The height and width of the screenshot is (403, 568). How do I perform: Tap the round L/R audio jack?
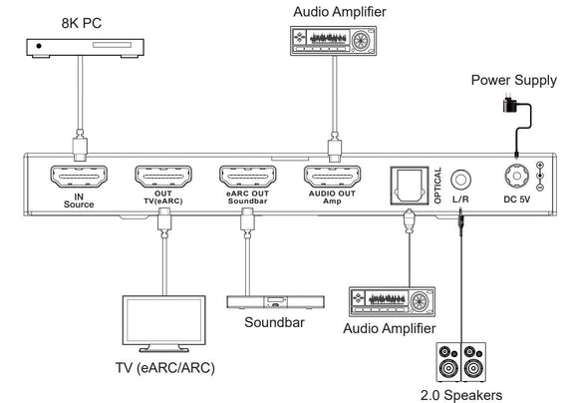pos(460,180)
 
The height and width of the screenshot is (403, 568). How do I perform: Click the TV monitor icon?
pos(159,323)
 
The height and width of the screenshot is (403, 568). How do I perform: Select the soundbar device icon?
pos(261,300)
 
